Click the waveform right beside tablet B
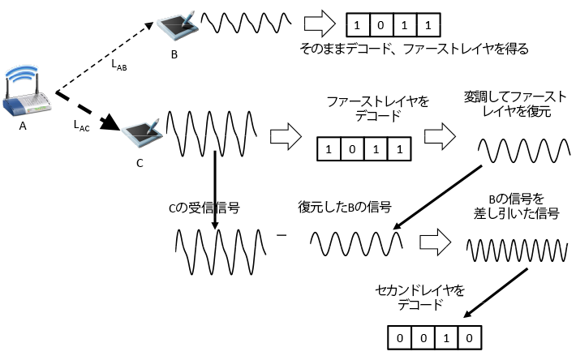click(246, 22)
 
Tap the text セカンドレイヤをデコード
click(410, 296)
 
